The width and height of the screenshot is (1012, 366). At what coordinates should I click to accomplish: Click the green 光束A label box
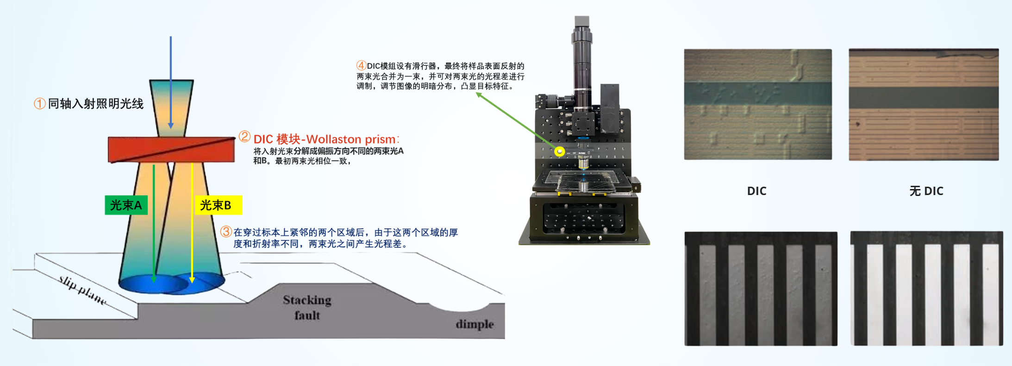[126, 205]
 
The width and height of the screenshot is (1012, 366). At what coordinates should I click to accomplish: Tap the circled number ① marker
[40, 103]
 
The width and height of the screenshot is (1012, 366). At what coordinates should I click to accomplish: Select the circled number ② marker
[244, 137]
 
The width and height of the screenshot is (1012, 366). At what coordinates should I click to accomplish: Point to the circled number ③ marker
[225, 232]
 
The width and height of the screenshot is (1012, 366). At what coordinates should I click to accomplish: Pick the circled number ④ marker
[361, 65]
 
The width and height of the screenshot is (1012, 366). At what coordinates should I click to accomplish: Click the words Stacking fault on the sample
[307, 307]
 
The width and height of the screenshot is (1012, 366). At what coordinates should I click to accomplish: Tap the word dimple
[475, 324]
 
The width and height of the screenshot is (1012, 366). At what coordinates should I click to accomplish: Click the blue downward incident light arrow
[171, 83]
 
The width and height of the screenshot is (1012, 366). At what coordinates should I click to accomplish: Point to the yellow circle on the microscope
[559, 151]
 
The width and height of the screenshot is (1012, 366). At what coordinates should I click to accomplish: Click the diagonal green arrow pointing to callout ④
[516, 121]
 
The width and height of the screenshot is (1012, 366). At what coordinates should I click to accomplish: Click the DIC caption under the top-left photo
[756, 191]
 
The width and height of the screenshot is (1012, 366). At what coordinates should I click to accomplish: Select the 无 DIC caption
[926, 191]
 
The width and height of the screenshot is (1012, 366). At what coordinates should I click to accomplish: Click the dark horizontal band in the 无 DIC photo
[923, 97]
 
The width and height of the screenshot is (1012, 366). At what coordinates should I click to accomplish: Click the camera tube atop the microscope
[582, 56]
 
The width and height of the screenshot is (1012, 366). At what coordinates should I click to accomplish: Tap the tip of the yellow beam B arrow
[192, 280]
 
